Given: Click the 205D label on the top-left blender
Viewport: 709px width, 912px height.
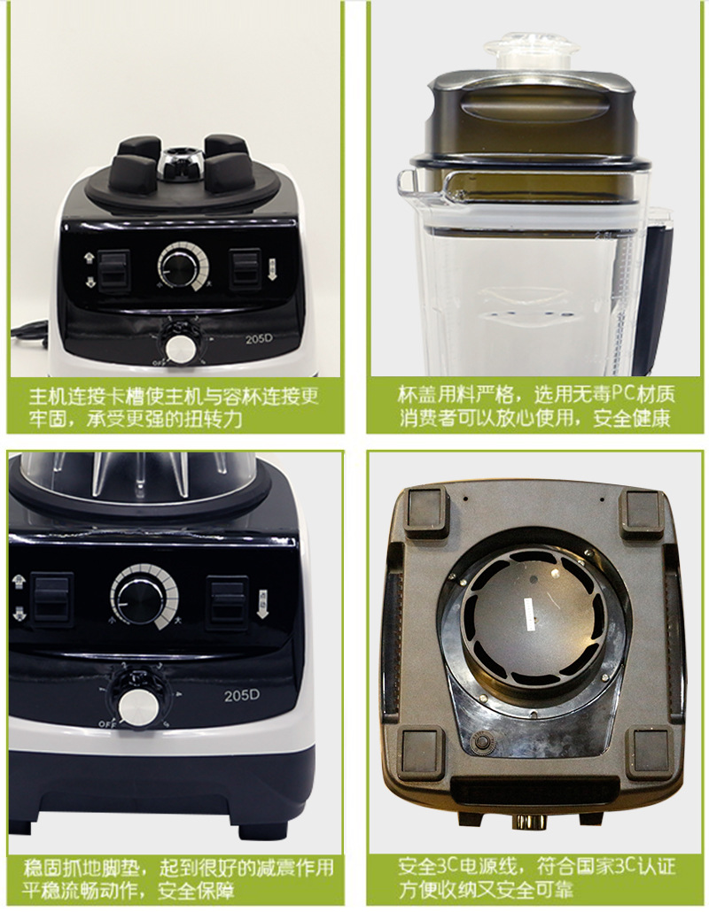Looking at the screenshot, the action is (259, 338).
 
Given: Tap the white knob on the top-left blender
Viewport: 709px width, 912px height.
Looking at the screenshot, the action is (181, 348).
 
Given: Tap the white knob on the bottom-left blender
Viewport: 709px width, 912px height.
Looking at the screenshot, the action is (138, 709).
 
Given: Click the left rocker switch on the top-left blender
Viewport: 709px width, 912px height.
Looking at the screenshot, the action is (113, 270).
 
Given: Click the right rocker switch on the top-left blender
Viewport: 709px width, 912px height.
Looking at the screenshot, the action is (245, 268).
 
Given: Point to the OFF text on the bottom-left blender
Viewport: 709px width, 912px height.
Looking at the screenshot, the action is (108, 724).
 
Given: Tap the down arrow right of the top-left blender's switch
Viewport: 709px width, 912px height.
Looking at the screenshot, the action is (272, 270).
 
